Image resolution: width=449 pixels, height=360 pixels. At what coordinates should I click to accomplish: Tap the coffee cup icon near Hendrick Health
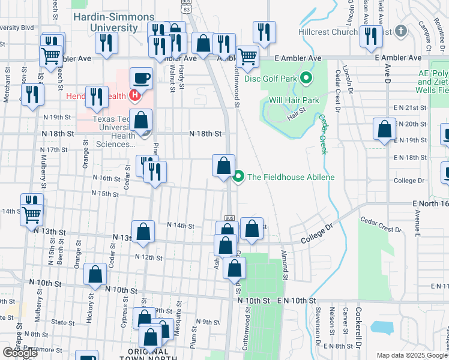click(x=141, y=77)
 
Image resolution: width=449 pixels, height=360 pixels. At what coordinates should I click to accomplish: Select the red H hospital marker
click(x=135, y=95)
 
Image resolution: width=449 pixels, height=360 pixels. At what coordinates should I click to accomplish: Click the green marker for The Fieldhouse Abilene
click(x=238, y=176)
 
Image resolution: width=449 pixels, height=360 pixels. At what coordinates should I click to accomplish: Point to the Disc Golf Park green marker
click(x=306, y=78)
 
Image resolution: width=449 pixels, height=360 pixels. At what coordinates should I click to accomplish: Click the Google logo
click(x=19, y=352)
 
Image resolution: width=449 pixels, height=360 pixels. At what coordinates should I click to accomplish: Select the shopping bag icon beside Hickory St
click(x=95, y=274)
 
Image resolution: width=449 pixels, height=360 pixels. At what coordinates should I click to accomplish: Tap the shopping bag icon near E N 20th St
click(x=384, y=128)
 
